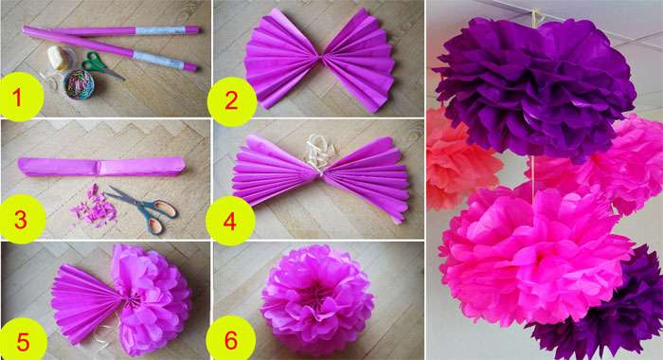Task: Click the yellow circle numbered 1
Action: click(x=20, y=97)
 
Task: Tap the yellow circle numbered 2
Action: click(x=231, y=101)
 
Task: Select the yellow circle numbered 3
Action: click(x=21, y=219)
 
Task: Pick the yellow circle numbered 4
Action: click(x=230, y=222)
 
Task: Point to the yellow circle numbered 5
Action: click(x=22, y=341)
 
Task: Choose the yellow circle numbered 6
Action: click(x=231, y=340)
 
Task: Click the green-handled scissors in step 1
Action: click(x=101, y=65)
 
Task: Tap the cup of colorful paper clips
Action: click(x=79, y=84)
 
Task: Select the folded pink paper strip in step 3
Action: click(x=101, y=167)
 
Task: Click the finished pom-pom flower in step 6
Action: click(x=316, y=299)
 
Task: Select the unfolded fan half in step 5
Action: click(x=86, y=303)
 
